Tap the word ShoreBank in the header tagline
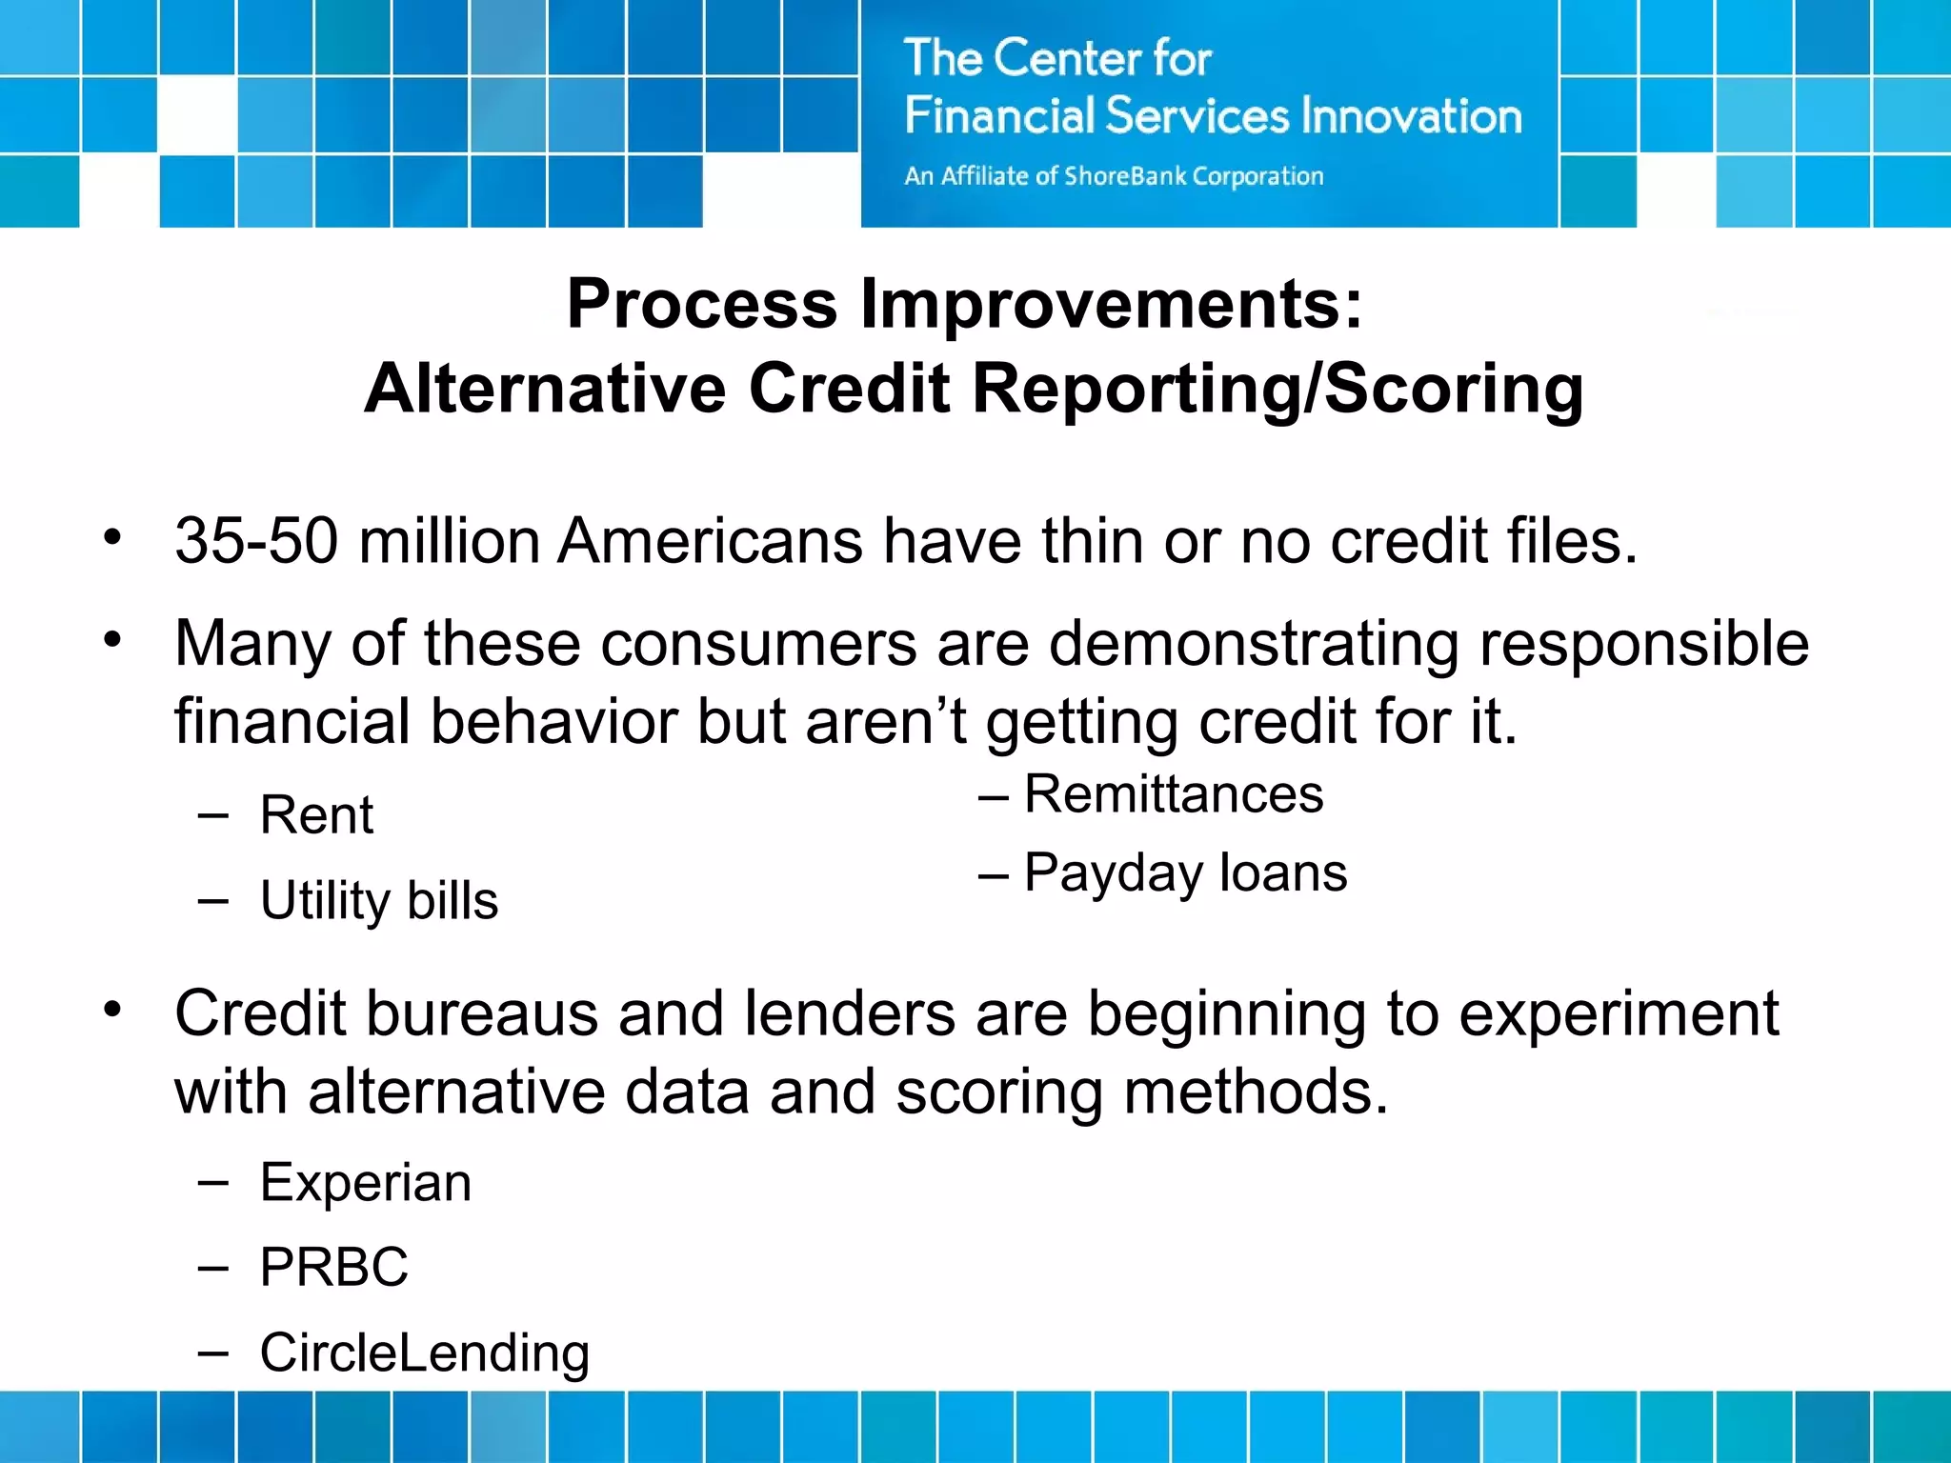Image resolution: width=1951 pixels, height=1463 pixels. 1125,176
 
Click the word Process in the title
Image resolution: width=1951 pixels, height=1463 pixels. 702,304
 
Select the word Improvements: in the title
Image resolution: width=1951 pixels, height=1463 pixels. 1112,304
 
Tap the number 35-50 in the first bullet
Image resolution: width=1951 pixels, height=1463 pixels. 256,541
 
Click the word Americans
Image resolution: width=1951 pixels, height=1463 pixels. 710,541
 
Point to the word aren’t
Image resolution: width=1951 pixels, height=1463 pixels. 886,721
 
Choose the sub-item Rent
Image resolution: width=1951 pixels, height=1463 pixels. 317,815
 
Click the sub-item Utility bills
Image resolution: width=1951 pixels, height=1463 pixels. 378,900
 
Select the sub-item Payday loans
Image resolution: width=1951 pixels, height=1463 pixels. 1185,872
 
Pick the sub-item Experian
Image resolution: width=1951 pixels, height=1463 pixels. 366,1183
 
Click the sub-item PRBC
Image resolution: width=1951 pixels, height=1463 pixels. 333,1268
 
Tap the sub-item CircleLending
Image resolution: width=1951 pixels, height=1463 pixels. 425,1353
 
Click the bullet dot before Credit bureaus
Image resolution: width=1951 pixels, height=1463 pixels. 113,1009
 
